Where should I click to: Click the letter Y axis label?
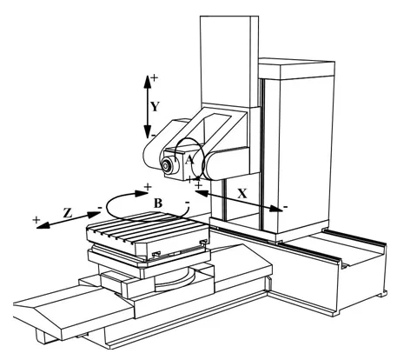(155, 107)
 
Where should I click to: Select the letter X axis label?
(242, 193)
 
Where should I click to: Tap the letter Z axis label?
(68, 213)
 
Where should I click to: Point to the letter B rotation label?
(158, 203)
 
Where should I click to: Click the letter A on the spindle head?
(189, 160)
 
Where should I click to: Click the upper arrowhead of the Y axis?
(148, 82)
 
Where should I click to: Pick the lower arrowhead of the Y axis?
(148, 132)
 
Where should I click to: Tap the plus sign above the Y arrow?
(155, 77)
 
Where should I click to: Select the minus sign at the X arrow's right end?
(286, 207)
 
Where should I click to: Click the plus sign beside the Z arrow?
(36, 220)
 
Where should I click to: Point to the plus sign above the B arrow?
(148, 187)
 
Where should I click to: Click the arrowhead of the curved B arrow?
(142, 193)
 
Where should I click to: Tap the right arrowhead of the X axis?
(275, 209)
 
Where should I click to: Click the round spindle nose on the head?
(166, 166)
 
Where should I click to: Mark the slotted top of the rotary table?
(148, 228)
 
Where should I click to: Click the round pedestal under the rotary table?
(175, 280)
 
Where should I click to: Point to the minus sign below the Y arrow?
(153, 135)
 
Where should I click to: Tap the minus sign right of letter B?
(188, 202)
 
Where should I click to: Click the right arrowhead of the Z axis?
(94, 215)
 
